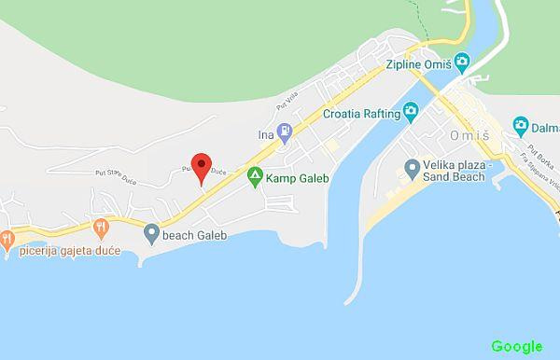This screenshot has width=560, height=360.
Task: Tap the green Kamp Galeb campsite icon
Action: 254,175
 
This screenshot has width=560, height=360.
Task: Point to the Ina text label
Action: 266,134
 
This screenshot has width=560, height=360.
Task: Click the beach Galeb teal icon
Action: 151,233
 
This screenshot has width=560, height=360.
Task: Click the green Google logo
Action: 516,346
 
